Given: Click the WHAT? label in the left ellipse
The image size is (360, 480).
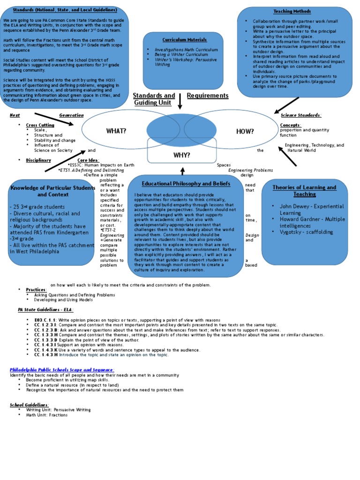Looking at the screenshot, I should point(116,131).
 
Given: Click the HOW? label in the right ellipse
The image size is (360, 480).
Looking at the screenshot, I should point(245,131).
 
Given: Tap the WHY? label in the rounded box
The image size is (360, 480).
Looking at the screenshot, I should point(182,154).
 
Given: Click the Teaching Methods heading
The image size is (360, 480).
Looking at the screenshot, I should point(292,11).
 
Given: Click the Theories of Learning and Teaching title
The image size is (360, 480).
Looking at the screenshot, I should point(304,190).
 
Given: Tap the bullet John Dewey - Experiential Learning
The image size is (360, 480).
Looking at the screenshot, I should point(311,209).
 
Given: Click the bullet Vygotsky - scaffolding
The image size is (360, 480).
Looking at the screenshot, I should point(306,232).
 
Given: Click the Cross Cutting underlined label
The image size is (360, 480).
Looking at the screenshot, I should point(40,125).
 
